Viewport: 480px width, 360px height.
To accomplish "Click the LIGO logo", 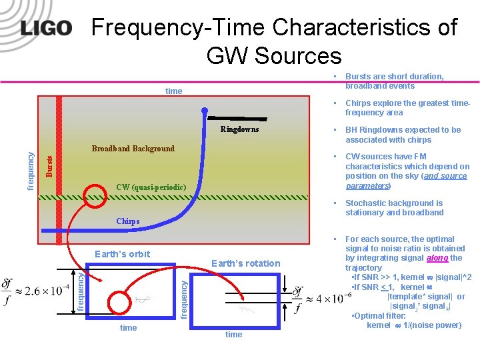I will point(46,28).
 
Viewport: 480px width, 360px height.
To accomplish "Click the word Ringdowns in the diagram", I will point(239,129).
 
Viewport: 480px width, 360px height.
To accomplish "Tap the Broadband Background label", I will point(133,149).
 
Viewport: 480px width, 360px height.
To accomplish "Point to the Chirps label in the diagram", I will point(128,221).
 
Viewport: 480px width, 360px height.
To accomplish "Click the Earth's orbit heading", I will point(123,254).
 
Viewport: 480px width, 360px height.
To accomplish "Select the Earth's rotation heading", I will point(245,263).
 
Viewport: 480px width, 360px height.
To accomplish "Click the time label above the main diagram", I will point(173,91).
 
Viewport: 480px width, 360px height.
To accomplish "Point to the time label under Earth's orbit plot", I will point(129,327).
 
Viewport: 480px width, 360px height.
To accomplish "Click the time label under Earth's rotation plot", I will point(233,334).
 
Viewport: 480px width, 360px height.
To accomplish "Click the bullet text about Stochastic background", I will point(394,208).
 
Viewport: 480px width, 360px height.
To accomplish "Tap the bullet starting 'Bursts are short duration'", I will point(394,81).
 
